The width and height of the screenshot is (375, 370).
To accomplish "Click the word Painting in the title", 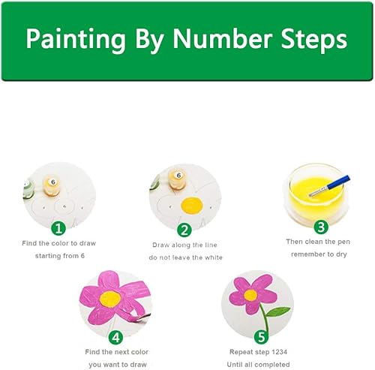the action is click(76, 40).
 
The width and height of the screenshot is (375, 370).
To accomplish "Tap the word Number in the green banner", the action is click(223, 38).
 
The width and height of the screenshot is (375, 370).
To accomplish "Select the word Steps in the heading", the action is click(314, 40).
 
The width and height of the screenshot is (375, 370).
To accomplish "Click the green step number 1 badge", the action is click(58, 228).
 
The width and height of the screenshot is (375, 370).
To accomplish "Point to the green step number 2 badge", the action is click(184, 230).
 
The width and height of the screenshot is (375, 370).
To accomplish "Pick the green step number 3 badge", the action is click(321, 227).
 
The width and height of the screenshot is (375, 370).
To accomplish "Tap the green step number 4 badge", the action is click(115, 338).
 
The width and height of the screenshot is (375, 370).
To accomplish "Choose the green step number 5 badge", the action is click(261, 337).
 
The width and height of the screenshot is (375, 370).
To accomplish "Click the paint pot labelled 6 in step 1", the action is click(52, 186).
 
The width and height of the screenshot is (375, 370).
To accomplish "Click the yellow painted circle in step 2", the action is click(192, 206).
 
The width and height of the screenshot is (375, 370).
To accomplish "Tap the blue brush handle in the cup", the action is click(339, 182).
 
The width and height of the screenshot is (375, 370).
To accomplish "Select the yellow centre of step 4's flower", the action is click(110, 299).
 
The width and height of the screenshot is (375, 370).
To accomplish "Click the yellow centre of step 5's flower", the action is click(250, 295).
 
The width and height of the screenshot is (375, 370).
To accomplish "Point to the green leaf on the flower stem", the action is click(277, 311).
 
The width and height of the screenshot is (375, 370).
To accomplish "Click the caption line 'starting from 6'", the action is click(60, 256).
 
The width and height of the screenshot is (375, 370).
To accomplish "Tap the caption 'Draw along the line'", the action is click(184, 245).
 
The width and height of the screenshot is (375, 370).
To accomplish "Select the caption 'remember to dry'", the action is click(319, 254).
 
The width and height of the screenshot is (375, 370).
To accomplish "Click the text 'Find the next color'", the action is click(117, 352).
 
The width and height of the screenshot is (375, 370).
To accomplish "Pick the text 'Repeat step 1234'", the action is click(258, 352).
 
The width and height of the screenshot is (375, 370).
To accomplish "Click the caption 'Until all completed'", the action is click(258, 365).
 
